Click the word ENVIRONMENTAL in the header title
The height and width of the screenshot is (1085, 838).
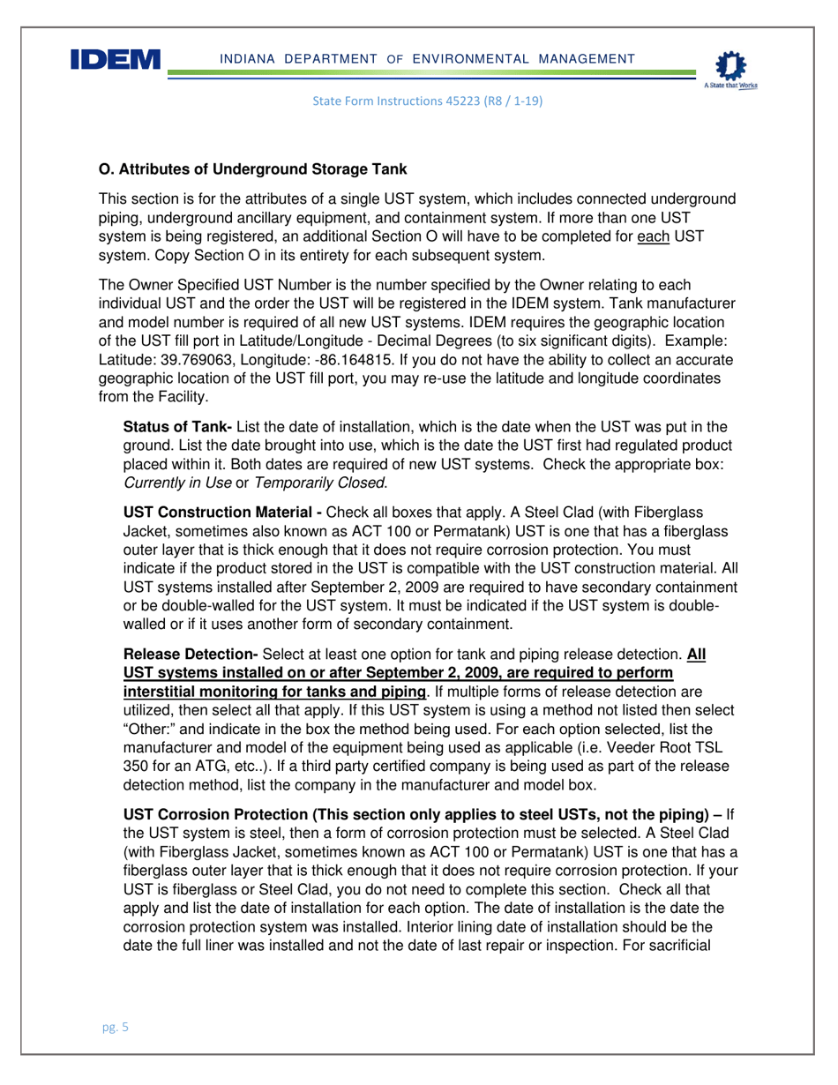coord(468,58)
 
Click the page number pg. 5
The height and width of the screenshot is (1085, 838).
coord(114,1028)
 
